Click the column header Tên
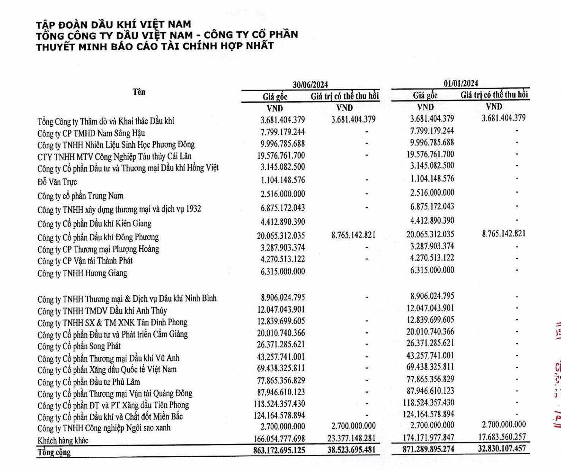pos(139,92)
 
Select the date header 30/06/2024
pos(310,85)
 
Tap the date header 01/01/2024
pos(461,83)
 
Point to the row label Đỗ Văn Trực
pos(57,182)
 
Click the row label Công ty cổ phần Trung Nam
pos(80,196)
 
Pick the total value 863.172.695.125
pos(279,451)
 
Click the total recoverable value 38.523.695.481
pos(351,450)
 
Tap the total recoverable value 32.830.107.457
pos(502,448)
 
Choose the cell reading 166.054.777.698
pos(279,439)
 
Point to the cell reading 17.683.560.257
pos(502,437)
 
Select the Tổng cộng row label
pos(54,452)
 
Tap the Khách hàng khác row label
pos(63,440)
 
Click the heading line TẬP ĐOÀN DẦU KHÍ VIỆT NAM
pos(113,25)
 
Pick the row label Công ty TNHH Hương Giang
pos(82,273)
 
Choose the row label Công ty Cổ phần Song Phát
pos(79,346)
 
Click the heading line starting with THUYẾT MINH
pos(155,46)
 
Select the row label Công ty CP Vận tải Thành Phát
pos(85,261)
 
